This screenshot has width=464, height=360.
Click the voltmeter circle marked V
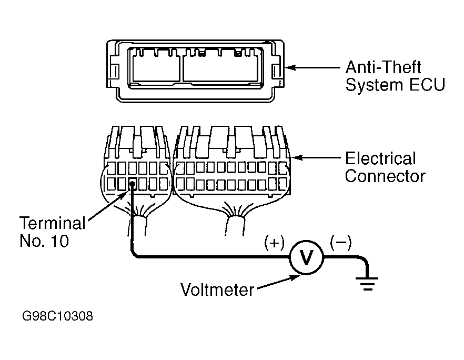[306, 257]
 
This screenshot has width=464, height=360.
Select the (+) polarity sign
[274, 243]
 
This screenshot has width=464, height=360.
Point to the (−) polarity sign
[341, 242]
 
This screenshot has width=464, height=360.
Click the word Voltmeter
[217, 289]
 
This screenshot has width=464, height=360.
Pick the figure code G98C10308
[58, 316]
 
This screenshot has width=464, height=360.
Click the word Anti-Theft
[383, 67]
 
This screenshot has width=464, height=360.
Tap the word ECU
[427, 85]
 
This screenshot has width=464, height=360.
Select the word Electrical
[380, 158]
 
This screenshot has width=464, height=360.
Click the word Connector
[385, 176]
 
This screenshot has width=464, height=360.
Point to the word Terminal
[53, 223]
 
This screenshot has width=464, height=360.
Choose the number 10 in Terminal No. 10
[60, 241]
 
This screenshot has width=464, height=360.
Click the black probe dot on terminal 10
[132, 185]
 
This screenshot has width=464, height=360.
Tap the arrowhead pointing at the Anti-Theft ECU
[289, 67]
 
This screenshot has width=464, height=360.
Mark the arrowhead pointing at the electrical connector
[297, 158]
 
